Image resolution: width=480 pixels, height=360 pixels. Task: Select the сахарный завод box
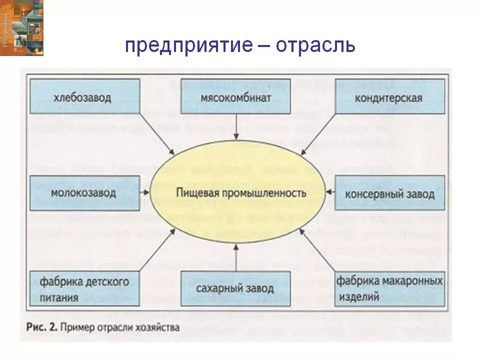pyautogui.click(x=235, y=289)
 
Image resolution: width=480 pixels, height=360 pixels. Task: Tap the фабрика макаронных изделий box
pyautogui.click(x=389, y=289)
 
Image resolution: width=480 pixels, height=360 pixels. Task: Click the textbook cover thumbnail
pyautogui.click(x=21, y=27)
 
